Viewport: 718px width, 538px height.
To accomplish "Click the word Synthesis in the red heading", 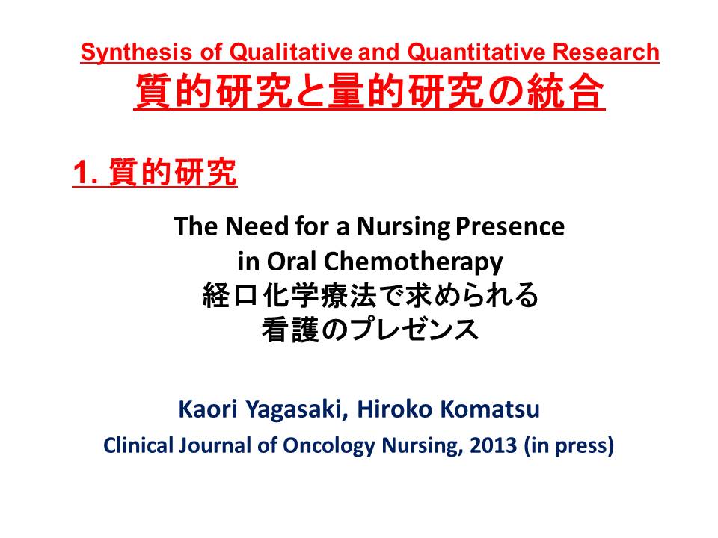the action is coord(136,52).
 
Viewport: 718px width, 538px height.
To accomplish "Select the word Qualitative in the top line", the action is coord(290,52).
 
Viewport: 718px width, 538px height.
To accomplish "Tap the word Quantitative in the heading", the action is coord(476,52).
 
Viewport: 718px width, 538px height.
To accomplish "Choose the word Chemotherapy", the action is coord(413,262).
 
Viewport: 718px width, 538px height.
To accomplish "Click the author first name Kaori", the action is coord(208,409).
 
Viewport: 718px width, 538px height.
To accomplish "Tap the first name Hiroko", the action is coord(395,409).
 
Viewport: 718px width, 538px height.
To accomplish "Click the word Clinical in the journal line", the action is coord(138,445).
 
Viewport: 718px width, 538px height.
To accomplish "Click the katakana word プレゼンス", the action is coord(415,330).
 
